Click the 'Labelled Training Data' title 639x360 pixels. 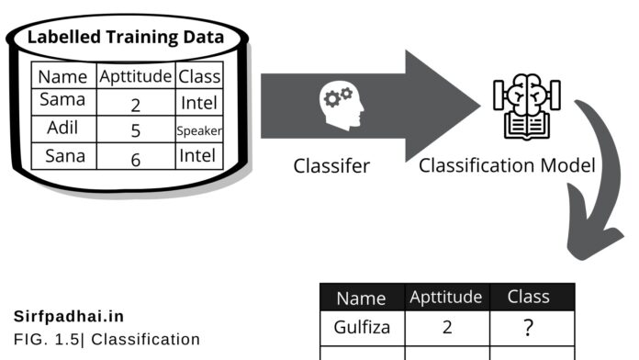pyautogui.click(x=125, y=38)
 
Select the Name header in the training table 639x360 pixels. pyautogui.click(x=62, y=76)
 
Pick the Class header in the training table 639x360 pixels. pyautogui.click(x=199, y=76)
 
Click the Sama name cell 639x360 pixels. pyautogui.click(x=62, y=100)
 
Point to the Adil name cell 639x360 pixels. pyautogui.click(x=62, y=129)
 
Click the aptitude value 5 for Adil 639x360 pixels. pyautogui.click(x=135, y=130)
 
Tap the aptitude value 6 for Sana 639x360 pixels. pyautogui.click(x=135, y=158)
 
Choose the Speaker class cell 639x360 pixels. pyautogui.click(x=199, y=130)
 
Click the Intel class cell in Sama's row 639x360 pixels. pyautogui.click(x=199, y=103)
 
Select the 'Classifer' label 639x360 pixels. pyautogui.click(x=331, y=166)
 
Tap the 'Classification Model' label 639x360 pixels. pyautogui.click(x=507, y=166)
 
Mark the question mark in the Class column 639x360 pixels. pyautogui.click(x=528, y=328)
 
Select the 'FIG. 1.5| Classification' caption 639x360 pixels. pyautogui.click(x=106, y=339)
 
